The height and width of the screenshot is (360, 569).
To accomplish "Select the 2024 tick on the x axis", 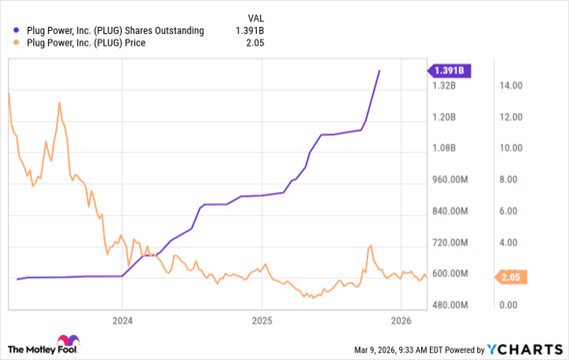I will [122, 319].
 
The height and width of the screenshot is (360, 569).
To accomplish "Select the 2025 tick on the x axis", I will [262, 319].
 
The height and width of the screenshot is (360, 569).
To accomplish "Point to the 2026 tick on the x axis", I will [402, 319].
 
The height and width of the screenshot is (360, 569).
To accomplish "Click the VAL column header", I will [254, 17].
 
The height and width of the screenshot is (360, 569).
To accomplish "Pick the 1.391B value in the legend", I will [250, 31].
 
